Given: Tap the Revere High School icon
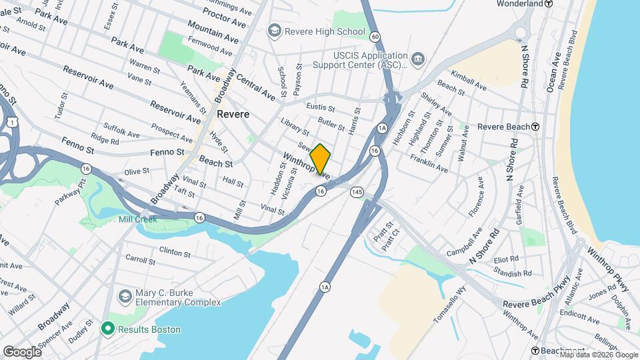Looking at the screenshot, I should [x=273, y=31].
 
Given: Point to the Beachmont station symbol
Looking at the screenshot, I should [x=535, y=351].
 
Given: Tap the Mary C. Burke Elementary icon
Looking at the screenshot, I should [x=125, y=295].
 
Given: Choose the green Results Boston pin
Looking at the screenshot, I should [x=107, y=329].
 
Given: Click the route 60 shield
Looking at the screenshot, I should [x=376, y=36].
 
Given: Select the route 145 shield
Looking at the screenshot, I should [x=358, y=191].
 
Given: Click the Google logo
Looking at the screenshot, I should [x=22, y=352].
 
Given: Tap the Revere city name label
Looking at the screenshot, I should [x=233, y=114].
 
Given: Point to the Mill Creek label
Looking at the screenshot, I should [x=137, y=219].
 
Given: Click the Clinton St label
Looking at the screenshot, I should [x=175, y=251].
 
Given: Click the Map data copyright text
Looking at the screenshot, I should [x=600, y=354].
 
